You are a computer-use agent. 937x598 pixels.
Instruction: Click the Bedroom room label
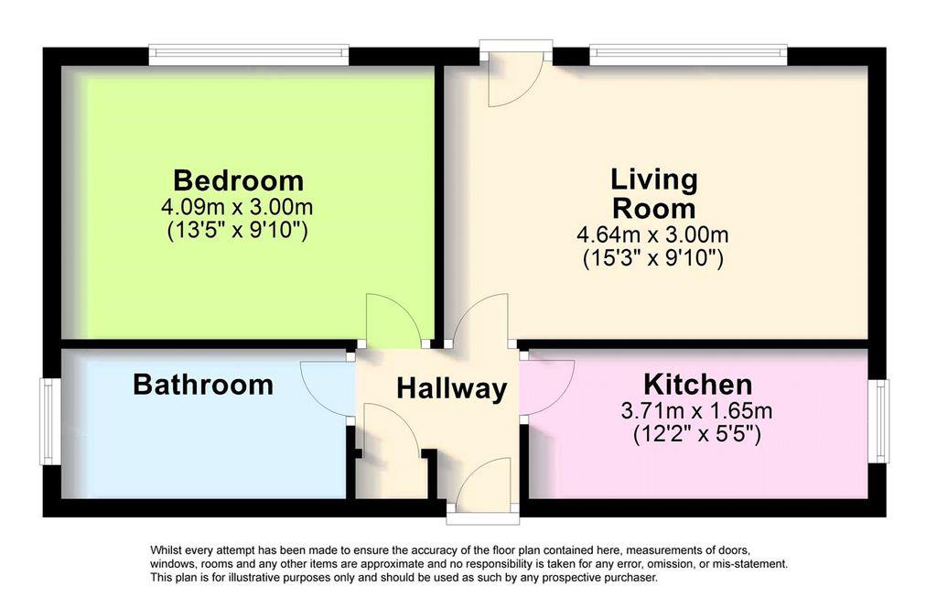pyautogui.click(x=238, y=179)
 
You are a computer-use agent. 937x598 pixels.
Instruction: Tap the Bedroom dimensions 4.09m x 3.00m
pyautogui.click(x=238, y=206)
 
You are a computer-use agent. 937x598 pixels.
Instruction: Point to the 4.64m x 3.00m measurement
pyautogui.click(x=653, y=234)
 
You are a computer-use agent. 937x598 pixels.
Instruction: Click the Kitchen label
pyautogui.click(x=697, y=384)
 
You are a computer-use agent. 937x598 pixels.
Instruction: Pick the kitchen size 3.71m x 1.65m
pyautogui.click(x=697, y=409)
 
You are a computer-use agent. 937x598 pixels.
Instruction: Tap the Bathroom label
pyautogui.click(x=203, y=385)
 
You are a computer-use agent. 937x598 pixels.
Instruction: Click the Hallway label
pyautogui.click(x=451, y=388)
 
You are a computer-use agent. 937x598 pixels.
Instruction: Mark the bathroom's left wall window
pyautogui.click(x=49, y=422)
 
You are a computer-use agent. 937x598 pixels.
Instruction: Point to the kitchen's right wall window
pyautogui.click(x=880, y=422)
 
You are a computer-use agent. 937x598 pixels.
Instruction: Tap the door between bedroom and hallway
pyautogui.click(x=392, y=321)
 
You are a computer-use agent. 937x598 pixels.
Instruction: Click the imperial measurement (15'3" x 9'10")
pyautogui.click(x=653, y=259)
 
